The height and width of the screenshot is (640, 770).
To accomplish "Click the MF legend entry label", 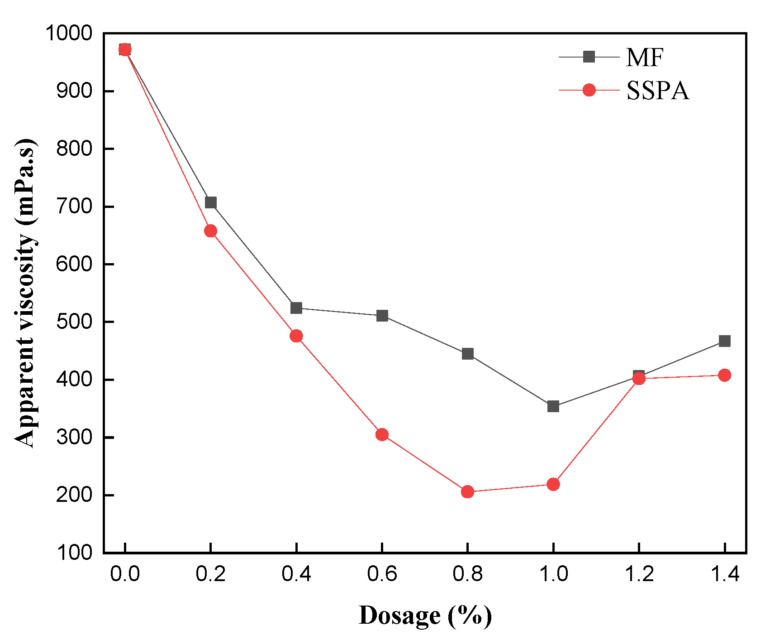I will (645, 58).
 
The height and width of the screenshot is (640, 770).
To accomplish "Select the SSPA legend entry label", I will (657, 91).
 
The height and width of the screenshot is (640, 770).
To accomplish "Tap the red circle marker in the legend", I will (589, 90).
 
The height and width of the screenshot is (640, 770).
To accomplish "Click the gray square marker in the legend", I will (589, 57).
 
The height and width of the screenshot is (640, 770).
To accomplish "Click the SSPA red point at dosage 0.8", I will (467, 492).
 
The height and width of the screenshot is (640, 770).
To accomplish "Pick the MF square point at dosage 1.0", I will (553, 406).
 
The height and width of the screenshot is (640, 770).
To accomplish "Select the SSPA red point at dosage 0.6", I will (382, 435).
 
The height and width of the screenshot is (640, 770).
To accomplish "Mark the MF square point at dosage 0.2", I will (210, 202).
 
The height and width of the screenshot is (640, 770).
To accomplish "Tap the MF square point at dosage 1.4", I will (724, 341).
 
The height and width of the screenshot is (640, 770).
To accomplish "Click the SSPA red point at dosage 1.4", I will (724, 375).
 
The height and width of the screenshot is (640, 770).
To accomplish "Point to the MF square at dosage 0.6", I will (382, 316).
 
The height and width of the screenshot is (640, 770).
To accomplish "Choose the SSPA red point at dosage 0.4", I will (296, 336).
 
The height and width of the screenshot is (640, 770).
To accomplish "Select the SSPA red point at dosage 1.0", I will (553, 485).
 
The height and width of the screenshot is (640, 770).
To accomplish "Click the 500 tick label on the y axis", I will (74, 322).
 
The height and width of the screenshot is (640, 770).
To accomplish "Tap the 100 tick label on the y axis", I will (74, 553).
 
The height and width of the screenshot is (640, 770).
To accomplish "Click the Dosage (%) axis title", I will (425, 616).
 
